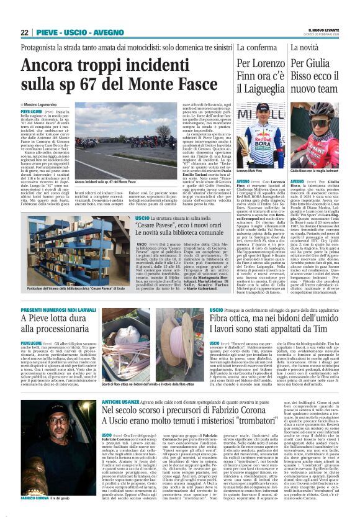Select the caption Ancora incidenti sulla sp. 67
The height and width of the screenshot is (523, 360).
pos(106,181)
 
